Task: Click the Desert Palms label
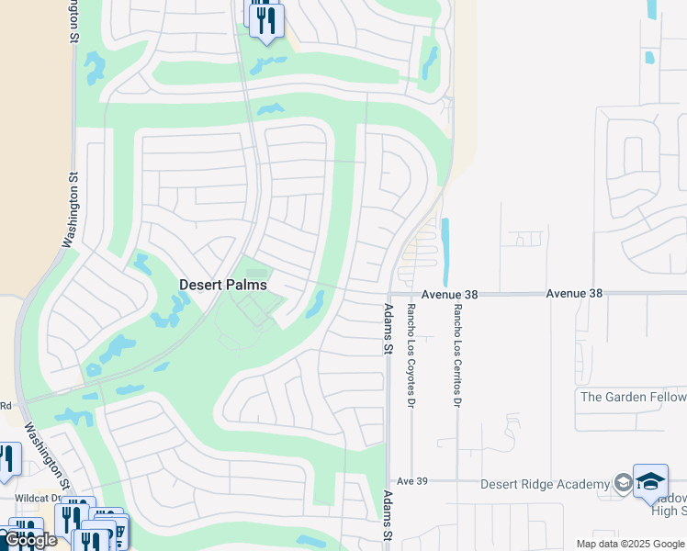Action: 222,285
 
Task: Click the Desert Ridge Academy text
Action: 546,484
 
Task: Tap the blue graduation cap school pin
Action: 651,481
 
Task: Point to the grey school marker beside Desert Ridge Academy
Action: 623,484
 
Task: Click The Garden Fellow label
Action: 633,397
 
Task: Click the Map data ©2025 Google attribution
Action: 630,544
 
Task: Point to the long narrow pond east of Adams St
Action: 445,252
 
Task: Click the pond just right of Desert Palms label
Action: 315,304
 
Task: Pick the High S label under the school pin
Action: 668,511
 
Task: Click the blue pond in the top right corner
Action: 651,9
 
